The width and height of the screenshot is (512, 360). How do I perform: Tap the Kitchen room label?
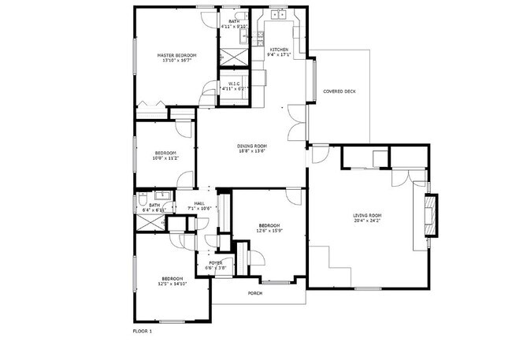(x=280, y=49)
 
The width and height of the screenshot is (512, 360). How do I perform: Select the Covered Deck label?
(x=339, y=91)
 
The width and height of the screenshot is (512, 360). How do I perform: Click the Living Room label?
(x=367, y=216)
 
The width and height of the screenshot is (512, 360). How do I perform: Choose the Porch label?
(x=254, y=294)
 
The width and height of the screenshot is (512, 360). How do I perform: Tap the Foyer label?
(x=215, y=263)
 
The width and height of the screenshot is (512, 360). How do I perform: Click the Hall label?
(x=200, y=203)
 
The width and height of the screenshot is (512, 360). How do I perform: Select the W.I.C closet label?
(x=234, y=84)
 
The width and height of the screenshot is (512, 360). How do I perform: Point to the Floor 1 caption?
(x=142, y=331)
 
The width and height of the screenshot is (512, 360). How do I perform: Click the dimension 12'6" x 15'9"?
(x=269, y=231)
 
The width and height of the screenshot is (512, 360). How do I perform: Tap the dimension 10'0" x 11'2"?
(x=165, y=158)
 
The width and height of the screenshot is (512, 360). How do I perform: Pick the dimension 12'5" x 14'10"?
(x=173, y=284)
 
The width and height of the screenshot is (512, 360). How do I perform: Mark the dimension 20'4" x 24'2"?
(x=367, y=221)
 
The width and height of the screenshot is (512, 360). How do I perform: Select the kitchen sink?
(x=277, y=15)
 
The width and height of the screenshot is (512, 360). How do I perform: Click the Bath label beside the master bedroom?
(x=234, y=22)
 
